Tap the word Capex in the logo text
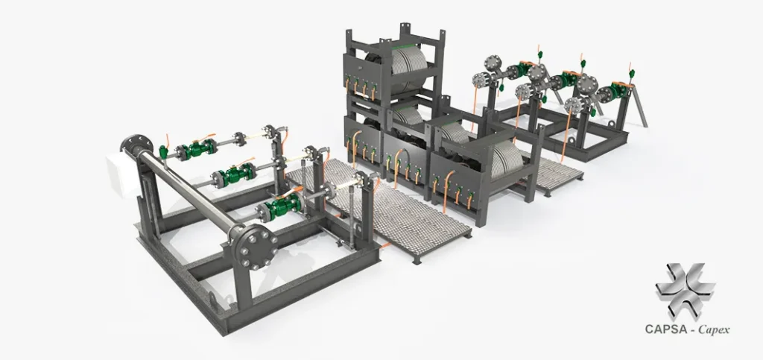point(714,330)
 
